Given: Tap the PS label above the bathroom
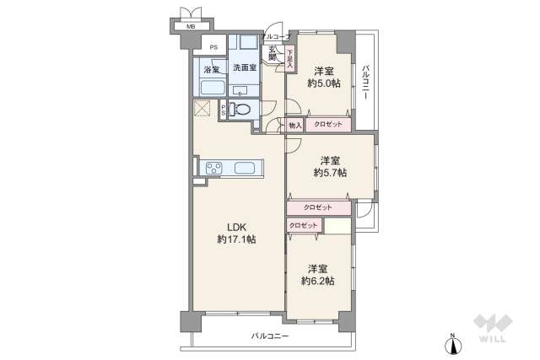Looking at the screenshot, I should [x=214, y=47].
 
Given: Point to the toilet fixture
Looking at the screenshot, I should [x=240, y=110].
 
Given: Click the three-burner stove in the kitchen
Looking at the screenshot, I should [x=211, y=167].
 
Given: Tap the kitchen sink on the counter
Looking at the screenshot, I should [x=248, y=167].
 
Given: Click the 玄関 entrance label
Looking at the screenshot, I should [x=273, y=52].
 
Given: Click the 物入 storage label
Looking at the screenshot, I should [x=294, y=125].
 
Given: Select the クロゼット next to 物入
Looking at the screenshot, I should [x=328, y=125].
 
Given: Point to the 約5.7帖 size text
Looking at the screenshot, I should [x=330, y=173].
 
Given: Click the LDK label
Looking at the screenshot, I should [x=236, y=226].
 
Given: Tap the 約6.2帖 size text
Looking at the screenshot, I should [x=318, y=281].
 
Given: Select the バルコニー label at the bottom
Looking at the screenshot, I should [x=269, y=336].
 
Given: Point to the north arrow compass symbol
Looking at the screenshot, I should [x=452, y=345].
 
